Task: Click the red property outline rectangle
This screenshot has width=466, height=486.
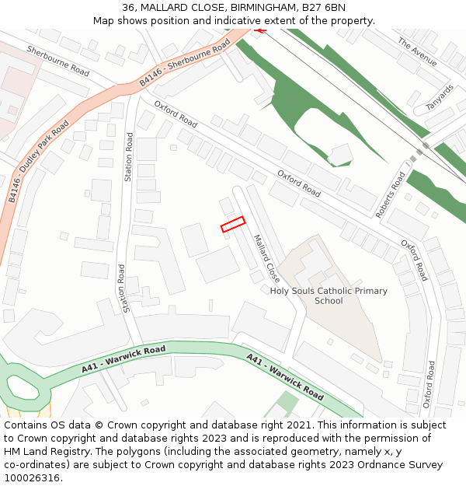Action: tap(233, 224)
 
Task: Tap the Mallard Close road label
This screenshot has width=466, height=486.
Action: tap(266, 258)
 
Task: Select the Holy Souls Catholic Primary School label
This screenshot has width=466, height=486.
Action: tap(329, 295)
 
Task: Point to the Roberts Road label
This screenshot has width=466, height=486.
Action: tap(391, 194)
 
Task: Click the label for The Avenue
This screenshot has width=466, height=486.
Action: tap(417, 52)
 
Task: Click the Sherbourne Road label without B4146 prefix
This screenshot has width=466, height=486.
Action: tap(57, 60)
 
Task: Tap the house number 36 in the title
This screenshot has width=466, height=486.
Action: tap(129, 8)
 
